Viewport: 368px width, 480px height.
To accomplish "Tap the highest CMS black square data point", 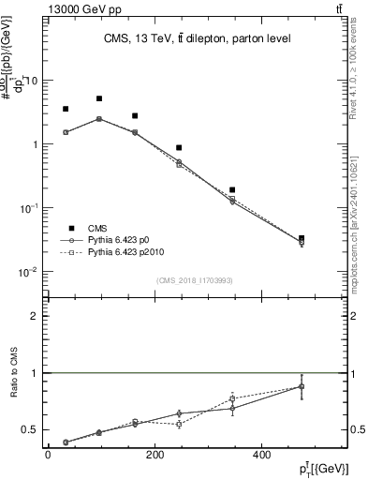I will tap(99, 98).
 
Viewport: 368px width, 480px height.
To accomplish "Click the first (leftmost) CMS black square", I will tap(66, 109).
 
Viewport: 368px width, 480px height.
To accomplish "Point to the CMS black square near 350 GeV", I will tap(232, 190).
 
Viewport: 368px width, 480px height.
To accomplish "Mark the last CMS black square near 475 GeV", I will tap(301, 239).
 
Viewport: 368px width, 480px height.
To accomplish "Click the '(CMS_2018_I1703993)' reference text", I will tap(196, 279).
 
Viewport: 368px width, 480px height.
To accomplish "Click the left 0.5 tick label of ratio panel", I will tap(30, 429).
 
